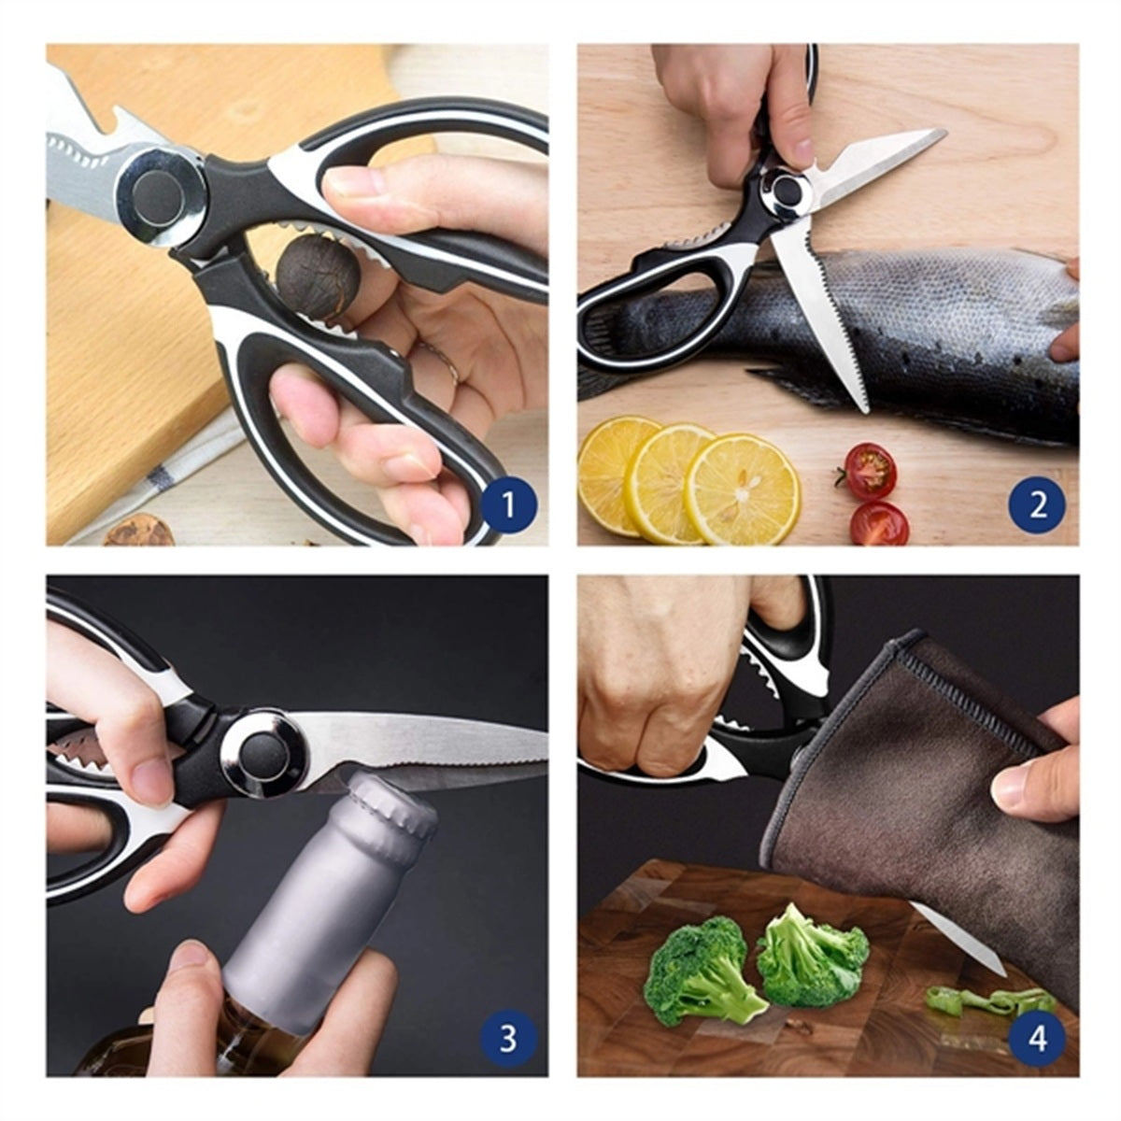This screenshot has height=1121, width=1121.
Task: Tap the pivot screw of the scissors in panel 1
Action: coord(160,196)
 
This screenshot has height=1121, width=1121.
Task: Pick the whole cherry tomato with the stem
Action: coord(869,471)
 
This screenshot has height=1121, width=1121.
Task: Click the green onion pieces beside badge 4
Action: coord(989,1001)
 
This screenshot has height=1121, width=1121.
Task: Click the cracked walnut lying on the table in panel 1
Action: coord(139,532)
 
